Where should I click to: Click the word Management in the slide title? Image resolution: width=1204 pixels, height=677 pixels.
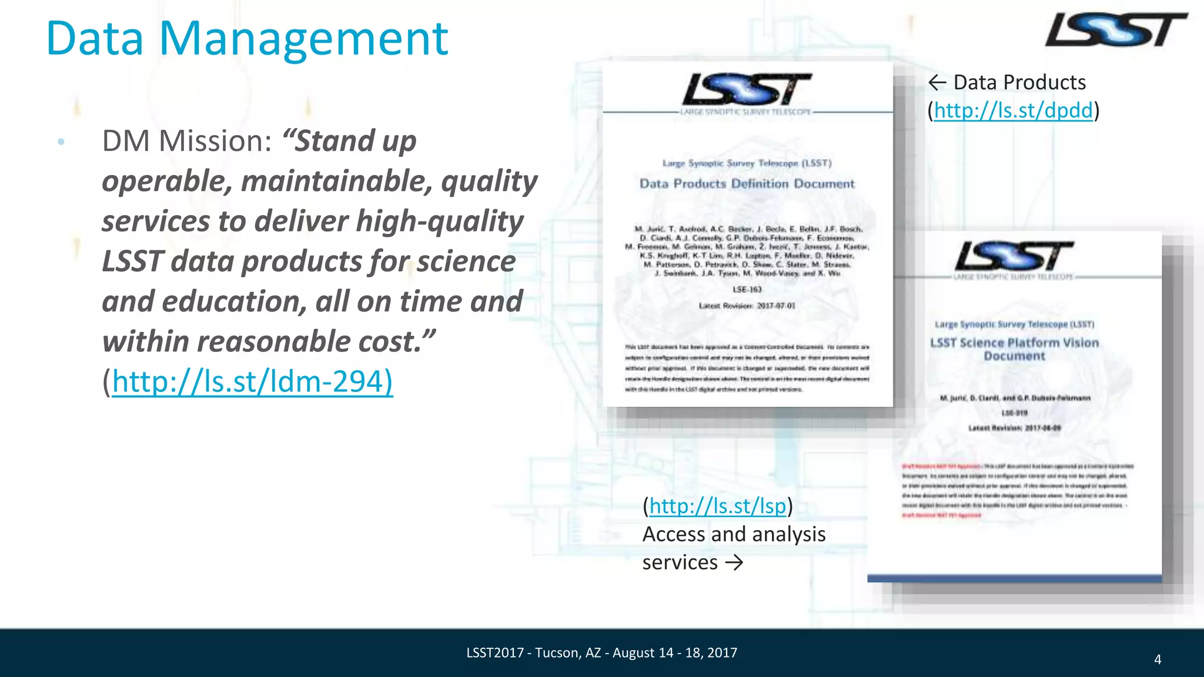click(x=303, y=39)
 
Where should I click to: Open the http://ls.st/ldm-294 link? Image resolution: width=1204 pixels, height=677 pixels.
click(x=252, y=381)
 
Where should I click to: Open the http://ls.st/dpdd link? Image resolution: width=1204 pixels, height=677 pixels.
click(x=1013, y=110)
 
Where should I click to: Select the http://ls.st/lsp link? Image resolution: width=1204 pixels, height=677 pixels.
click(x=717, y=506)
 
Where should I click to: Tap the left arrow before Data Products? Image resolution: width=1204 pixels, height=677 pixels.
click(x=937, y=83)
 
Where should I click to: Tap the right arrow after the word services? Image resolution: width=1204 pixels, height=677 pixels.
click(x=734, y=563)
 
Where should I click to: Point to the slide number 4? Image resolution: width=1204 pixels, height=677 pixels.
click(x=1158, y=659)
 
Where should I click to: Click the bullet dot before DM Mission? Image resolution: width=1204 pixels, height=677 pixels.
click(x=61, y=142)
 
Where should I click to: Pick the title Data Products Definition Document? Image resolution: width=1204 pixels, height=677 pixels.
click(x=747, y=184)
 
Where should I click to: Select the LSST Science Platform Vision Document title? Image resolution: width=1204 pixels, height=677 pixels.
click(x=1014, y=349)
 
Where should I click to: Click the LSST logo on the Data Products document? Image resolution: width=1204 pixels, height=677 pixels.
click(x=747, y=90)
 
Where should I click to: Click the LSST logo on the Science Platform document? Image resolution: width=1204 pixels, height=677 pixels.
click(x=1014, y=257)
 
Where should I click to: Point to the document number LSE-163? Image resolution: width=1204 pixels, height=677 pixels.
click(x=747, y=290)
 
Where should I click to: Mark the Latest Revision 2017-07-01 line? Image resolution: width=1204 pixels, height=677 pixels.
click(x=747, y=306)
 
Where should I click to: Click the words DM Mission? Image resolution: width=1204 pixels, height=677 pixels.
click(x=187, y=142)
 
